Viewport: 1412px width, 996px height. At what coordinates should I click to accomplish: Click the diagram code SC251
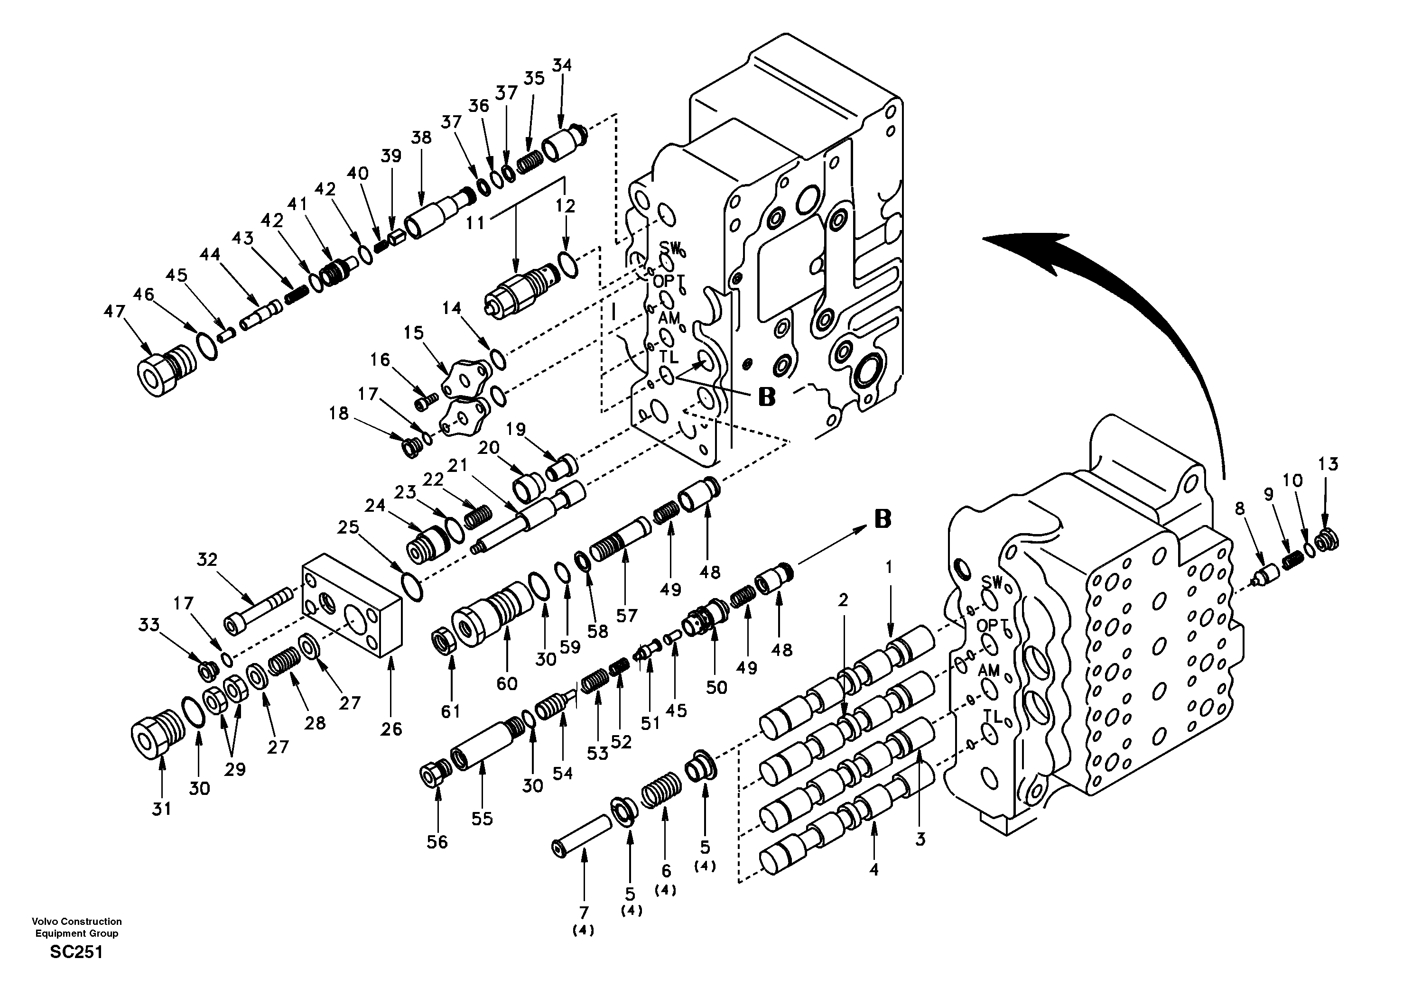(76, 952)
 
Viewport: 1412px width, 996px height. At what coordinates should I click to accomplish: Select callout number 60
(507, 682)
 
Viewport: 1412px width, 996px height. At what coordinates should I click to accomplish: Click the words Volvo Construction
(77, 921)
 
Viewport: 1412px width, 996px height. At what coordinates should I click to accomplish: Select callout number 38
(421, 138)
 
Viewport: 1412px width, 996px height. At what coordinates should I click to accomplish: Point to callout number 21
(457, 466)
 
